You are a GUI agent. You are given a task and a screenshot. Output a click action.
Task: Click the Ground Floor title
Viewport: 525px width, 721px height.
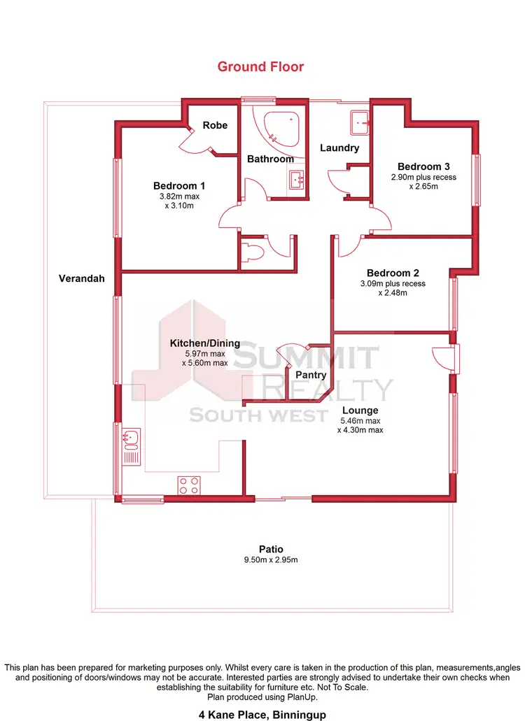tap(260, 67)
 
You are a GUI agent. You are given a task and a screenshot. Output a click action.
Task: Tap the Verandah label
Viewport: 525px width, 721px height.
tap(81, 278)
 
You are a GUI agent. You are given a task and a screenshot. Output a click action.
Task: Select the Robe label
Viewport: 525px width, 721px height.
tap(215, 125)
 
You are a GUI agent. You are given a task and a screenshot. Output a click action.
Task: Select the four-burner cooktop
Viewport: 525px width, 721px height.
tap(189, 485)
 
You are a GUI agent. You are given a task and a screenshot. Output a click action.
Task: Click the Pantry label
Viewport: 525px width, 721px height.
tap(311, 375)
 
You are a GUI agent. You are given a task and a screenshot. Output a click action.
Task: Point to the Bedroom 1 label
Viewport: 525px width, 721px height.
tap(179, 186)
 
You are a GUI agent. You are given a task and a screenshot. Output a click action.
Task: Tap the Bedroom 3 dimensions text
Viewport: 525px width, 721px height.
tap(423, 182)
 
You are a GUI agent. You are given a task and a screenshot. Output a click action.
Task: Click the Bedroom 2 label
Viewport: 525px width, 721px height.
tap(393, 273)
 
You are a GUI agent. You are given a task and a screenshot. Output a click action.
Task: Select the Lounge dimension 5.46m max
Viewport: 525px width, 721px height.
tap(360, 421)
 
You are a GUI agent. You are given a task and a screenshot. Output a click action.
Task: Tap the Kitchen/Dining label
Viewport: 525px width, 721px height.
tap(205, 343)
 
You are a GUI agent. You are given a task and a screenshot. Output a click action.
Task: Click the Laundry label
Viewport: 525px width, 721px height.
tap(339, 148)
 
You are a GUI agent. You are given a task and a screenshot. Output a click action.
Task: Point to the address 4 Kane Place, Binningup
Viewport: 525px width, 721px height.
tap(261, 715)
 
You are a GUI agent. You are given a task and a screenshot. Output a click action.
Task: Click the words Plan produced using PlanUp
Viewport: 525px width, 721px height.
tap(261, 697)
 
